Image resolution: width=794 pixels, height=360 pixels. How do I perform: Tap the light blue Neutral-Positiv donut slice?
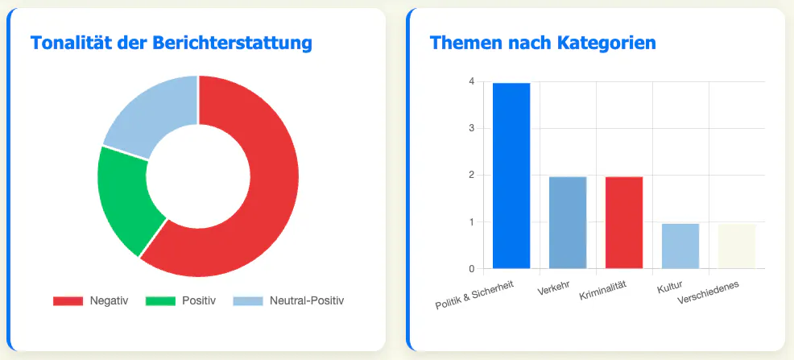[152, 114]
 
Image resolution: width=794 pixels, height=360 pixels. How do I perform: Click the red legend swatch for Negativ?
[68, 301]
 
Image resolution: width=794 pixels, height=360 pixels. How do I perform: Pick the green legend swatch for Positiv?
[160, 301]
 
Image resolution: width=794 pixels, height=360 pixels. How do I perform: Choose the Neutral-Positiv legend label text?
[307, 300]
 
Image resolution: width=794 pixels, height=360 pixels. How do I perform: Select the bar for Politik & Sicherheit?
[511, 176]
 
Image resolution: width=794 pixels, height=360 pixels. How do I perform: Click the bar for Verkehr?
[568, 223]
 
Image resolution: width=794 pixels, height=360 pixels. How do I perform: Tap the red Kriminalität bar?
[624, 223]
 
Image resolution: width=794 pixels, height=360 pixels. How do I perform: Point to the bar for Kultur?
[680, 246]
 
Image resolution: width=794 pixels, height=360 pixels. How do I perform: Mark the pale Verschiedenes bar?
[737, 246]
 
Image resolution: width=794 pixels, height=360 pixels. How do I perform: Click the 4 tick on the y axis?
[472, 81]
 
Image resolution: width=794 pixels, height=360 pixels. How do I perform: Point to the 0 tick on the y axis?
[472, 269]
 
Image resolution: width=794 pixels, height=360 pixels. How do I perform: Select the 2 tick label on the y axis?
[472, 176]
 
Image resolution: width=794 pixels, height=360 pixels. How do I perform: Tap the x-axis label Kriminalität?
[603, 290]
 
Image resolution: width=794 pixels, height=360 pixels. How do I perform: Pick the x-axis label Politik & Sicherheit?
[474, 295]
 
